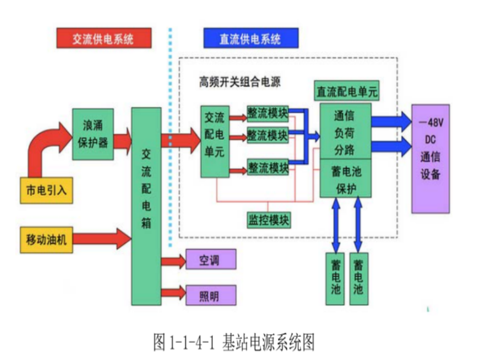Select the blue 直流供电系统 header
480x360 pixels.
(251, 39)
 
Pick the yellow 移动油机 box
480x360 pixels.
(46, 238)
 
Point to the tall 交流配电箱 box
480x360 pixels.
(146, 206)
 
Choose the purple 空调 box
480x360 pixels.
(210, 259)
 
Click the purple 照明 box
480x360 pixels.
(210, 294)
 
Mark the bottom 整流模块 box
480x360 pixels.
(268, 167)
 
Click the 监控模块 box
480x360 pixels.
(268, 219)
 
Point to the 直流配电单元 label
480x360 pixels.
(347, 92)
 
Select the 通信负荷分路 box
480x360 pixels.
(345, 133)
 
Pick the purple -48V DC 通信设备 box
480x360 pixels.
(430, 158)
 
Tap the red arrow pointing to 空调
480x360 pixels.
(173, 260)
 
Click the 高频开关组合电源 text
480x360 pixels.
(240, 82)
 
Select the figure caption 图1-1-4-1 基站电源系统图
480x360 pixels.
(234, 341)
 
